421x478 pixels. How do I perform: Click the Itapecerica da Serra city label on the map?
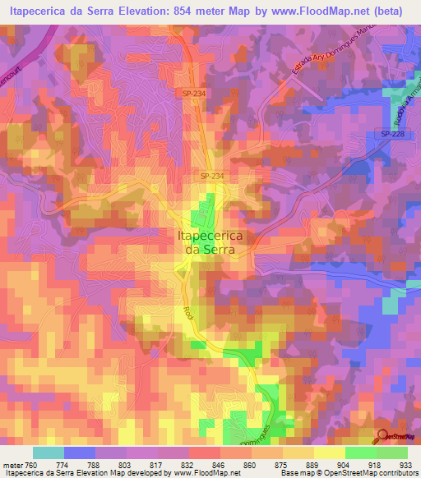pyautogui.click(x=210, y=241)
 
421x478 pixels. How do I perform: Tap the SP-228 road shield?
pyautogui.click(x=392, y=134)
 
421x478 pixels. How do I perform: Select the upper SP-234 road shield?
pyautogui.click(x=193, y=94)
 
